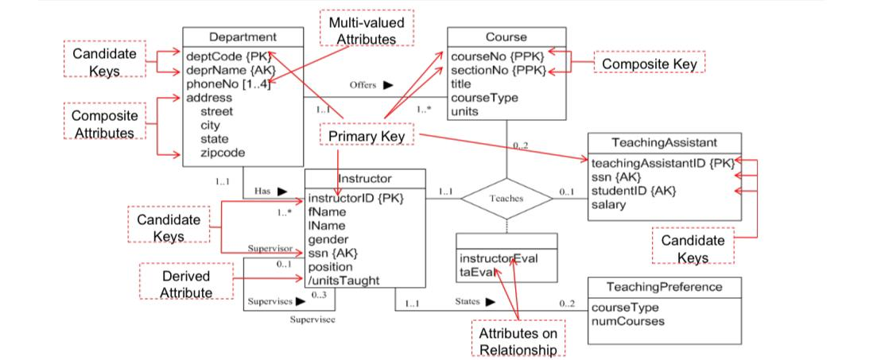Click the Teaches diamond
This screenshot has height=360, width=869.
[506, 198]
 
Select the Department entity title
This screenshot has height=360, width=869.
[242, 37]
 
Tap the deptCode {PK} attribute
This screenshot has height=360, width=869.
[227, 57]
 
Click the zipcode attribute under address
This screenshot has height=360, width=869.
[222, 153]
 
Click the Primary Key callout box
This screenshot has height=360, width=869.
[367, 137]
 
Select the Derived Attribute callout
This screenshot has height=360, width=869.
[186, 284]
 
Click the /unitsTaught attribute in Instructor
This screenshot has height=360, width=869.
[343, 280]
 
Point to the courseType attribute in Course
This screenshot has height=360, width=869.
[483, 98]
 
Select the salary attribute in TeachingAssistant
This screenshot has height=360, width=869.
[610, 204]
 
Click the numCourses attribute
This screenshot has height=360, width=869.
[628, 321]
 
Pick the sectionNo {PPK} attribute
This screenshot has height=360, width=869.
[499, 71]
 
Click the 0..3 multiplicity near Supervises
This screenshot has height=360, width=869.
[319, 294]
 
